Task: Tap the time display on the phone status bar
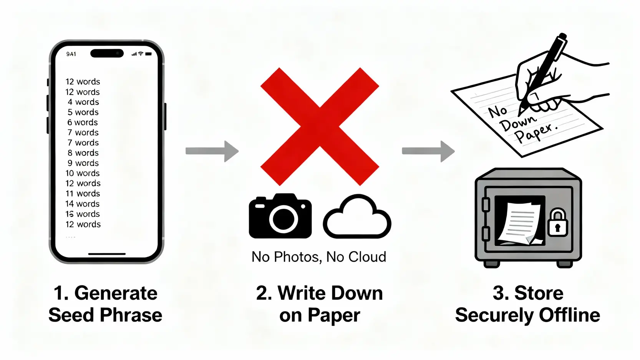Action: pos(71,54)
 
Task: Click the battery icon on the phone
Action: pos(149,54)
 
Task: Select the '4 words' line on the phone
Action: pos(83,102)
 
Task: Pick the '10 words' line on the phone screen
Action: pos(83,173)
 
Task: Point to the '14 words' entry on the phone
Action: pos(83,204)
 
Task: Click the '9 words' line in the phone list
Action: pos(83,163)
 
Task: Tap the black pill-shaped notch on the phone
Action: pos(107,53)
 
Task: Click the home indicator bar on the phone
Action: pos(107,254)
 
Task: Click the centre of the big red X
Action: pos(320,126)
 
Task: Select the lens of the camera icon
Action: pos(284,219)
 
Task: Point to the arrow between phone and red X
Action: pos(212,151)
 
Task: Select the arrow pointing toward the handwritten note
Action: pos(428,151)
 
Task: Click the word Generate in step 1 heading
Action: pos(116,293)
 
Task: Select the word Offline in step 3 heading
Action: pos(569,315)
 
